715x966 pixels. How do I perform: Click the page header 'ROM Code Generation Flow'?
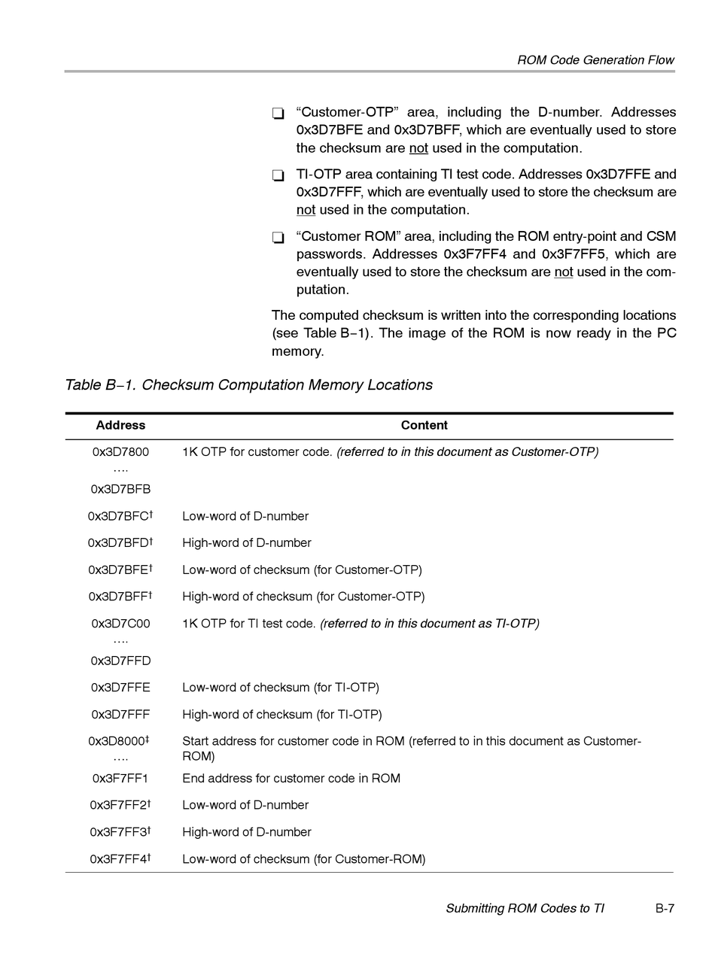tap(595, 60)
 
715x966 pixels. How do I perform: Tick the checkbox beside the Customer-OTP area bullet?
tap(278, 114)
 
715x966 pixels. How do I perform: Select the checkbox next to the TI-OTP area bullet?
tap(278, 176)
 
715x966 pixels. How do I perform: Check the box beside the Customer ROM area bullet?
tap(278, 238)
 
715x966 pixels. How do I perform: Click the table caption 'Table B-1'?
tap(248, 385)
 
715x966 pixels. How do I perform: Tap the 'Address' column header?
tap(120, 426)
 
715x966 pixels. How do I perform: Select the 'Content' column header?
tap(424, 426)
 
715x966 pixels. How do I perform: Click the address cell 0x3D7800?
tap(120, 452)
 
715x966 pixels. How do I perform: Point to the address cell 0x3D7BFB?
tap(120, 490)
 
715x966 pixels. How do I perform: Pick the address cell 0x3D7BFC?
tap(120, 517)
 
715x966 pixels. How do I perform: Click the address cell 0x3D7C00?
tap(120, 624)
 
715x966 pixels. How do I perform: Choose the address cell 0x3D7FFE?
tap(120, 688)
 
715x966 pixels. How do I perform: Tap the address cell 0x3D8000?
tap(118, 742)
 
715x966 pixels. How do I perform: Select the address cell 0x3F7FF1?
tap(120, 779)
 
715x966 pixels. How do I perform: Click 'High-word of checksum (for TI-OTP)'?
tap(281, 715)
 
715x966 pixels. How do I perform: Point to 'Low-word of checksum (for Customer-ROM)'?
tap(303, 859)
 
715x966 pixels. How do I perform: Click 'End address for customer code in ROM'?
tap(291, 779)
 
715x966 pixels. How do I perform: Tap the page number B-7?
tap(665, 909)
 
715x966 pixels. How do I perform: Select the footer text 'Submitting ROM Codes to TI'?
tap(525, 909)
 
